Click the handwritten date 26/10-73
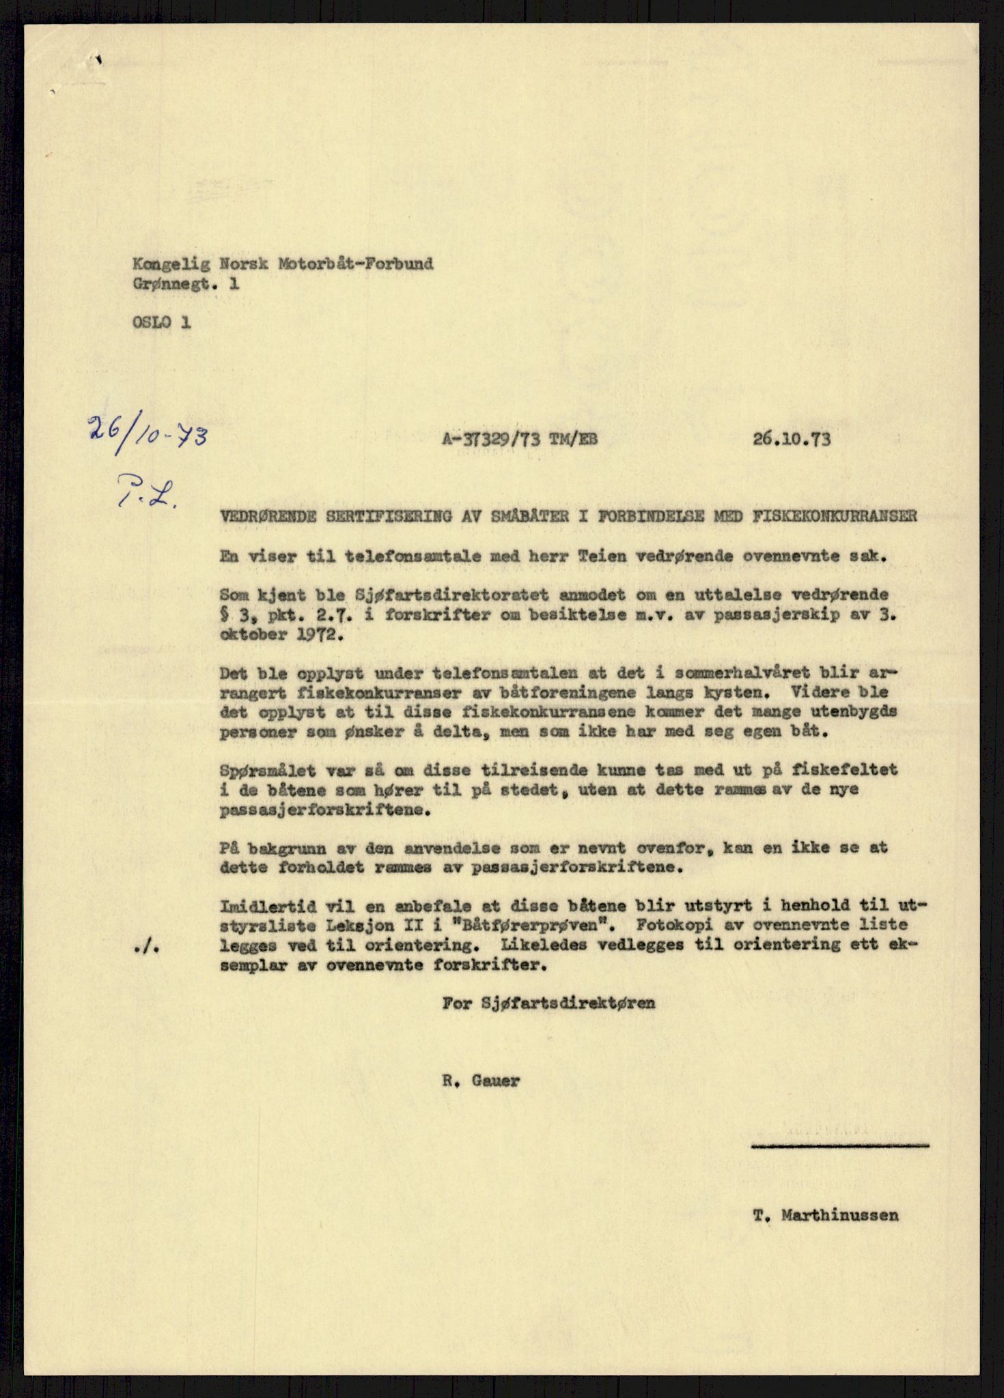pyautogui.click(x=147, y=434)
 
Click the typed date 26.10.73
pyautogui.click(x=792, y=439)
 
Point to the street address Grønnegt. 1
pyautogui.click(x=186, y=285)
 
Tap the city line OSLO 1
pyautogui.click(x=162, y=322)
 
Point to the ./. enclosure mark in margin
pyautogui.click(x=148, y=950)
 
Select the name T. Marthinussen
pyautogui.click(x=826, y=1215)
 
